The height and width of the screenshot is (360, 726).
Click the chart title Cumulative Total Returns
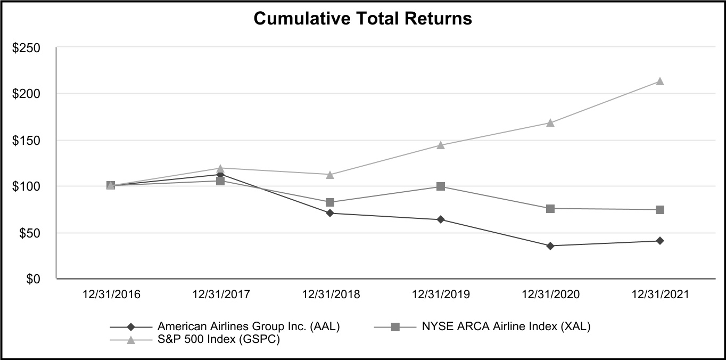[362, 19]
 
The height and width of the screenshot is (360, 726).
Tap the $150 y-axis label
[27, 141]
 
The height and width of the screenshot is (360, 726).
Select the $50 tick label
[29, 233]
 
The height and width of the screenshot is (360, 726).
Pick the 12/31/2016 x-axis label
[111, 294]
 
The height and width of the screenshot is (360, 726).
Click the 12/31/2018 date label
[331, 294]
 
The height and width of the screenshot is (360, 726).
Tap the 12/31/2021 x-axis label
[660, 294]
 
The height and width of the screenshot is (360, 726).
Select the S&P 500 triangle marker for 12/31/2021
[660, 81]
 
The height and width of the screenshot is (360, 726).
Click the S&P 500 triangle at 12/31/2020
[550, 122]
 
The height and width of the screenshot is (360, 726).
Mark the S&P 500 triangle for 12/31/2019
[441, 145]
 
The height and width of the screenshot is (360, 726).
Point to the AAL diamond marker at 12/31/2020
[550, 246]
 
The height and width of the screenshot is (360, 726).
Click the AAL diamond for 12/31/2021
[660, 241]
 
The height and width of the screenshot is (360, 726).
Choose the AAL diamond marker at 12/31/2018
[330, 213]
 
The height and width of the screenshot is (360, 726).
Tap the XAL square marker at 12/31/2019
[441, 186]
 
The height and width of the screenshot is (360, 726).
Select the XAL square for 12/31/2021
[660, 210]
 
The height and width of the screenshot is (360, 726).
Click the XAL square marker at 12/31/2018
[330, 202]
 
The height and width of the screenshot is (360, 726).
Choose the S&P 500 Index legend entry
[218, 340]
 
